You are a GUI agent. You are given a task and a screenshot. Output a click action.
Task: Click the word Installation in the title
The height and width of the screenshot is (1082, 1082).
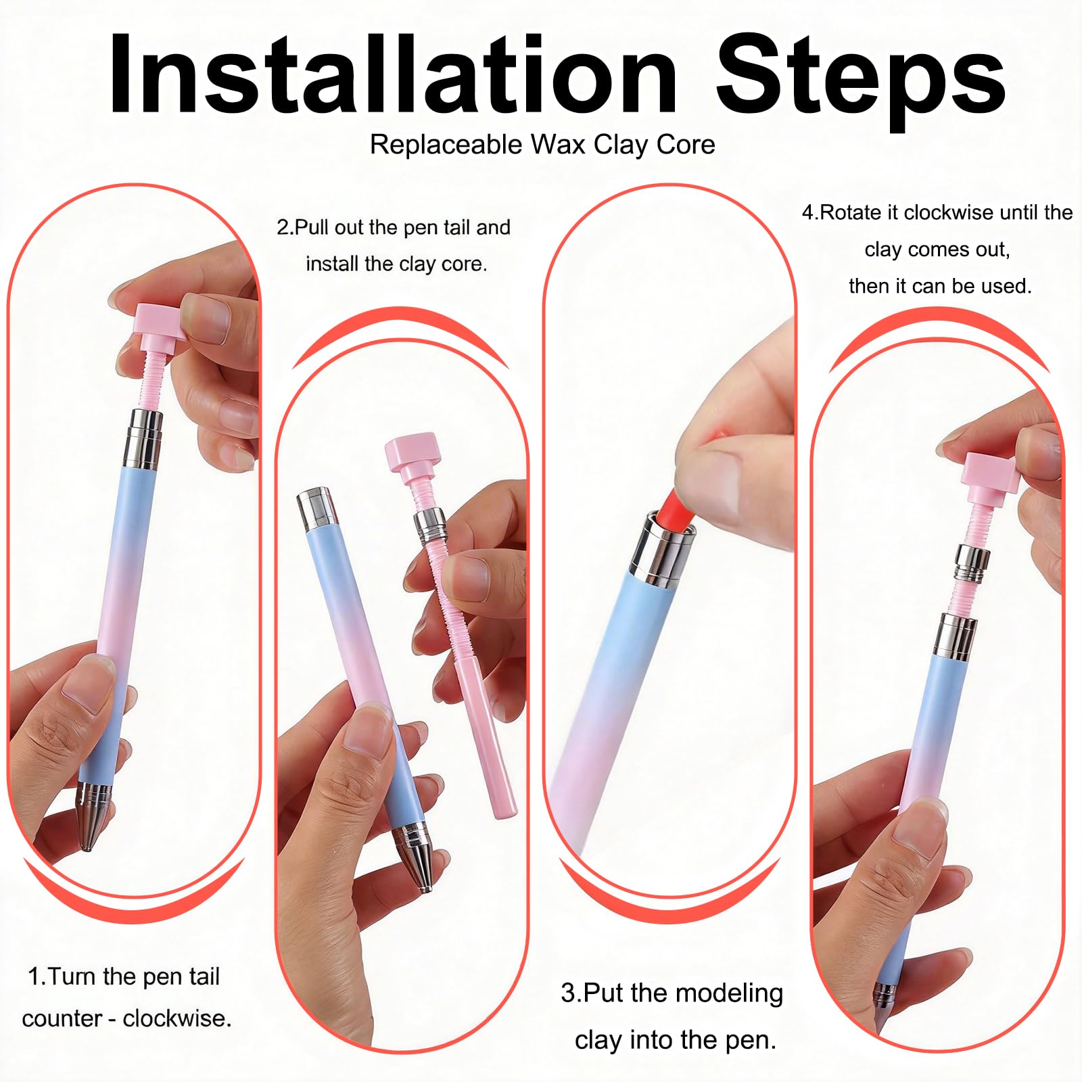[393, 74]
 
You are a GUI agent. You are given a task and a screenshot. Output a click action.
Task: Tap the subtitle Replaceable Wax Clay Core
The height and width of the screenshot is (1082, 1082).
[542, 145]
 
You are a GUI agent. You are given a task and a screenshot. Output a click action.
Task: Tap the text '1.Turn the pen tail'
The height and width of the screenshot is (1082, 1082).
[124, 977]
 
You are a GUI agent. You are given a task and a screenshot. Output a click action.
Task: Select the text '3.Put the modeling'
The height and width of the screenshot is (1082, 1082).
[672, 993]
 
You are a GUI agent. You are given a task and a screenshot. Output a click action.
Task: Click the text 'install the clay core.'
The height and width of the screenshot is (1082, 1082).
[396, 264]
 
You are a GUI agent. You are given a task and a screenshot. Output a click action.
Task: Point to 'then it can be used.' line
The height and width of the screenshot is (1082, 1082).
[940, 286]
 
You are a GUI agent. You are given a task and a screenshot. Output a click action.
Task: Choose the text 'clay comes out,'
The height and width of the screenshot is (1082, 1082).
[937, 250]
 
